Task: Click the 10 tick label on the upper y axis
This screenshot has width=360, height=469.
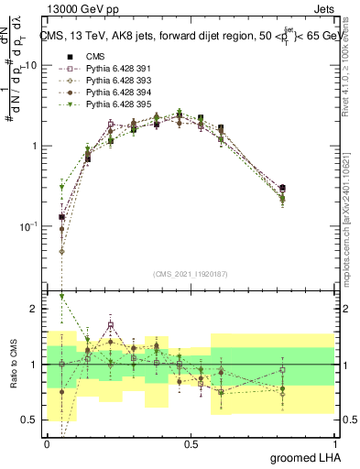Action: pyautogui.click(x=32, y=66)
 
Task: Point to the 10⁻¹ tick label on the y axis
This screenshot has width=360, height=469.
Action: pyautogui.click(x=29, y=226)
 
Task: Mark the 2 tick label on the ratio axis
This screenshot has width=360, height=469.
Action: pyautogui.click(x=36, y=310)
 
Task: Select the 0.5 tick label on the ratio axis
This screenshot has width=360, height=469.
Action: pyautogui.click(x=30, y=420)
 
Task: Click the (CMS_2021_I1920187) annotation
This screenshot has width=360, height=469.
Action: pyautogui.click(x=190, y=273)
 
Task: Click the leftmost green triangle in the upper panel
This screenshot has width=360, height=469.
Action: pyautogui.click(x=62, y=187)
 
